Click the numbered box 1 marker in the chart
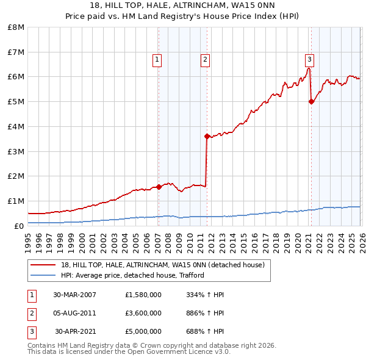157,60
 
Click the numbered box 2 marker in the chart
205,60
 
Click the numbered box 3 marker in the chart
309,60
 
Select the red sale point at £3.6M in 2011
207,136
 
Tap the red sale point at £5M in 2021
311,102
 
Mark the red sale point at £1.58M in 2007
159,187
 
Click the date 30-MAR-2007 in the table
74,295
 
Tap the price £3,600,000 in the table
143,313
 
